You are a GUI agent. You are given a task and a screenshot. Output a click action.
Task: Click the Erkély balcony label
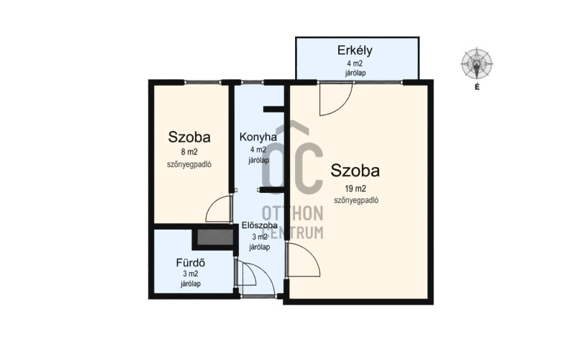(355, 50)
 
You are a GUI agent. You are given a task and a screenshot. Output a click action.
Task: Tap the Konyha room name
(258, 138)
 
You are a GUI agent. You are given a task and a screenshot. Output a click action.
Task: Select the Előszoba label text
(260, 225)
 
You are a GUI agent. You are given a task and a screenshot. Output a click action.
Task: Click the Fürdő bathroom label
(191, 263)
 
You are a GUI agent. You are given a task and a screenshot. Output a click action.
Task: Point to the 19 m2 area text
(355, 189)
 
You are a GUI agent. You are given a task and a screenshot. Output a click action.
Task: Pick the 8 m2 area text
(189, 152)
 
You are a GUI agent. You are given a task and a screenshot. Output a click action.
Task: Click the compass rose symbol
(477, 63)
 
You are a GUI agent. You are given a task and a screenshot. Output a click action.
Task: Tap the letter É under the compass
(477, 87)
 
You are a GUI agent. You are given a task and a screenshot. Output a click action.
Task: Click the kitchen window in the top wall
(253, 82)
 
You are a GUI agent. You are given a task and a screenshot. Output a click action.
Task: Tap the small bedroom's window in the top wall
(202, 82)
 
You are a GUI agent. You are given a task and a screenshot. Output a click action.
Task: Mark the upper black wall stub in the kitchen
(274, 109)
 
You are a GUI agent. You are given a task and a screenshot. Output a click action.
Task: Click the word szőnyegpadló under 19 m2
(356, 200)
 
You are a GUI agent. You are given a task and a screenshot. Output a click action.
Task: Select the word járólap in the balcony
(355, 73)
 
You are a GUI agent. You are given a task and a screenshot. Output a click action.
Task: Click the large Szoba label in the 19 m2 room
(355, 171)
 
